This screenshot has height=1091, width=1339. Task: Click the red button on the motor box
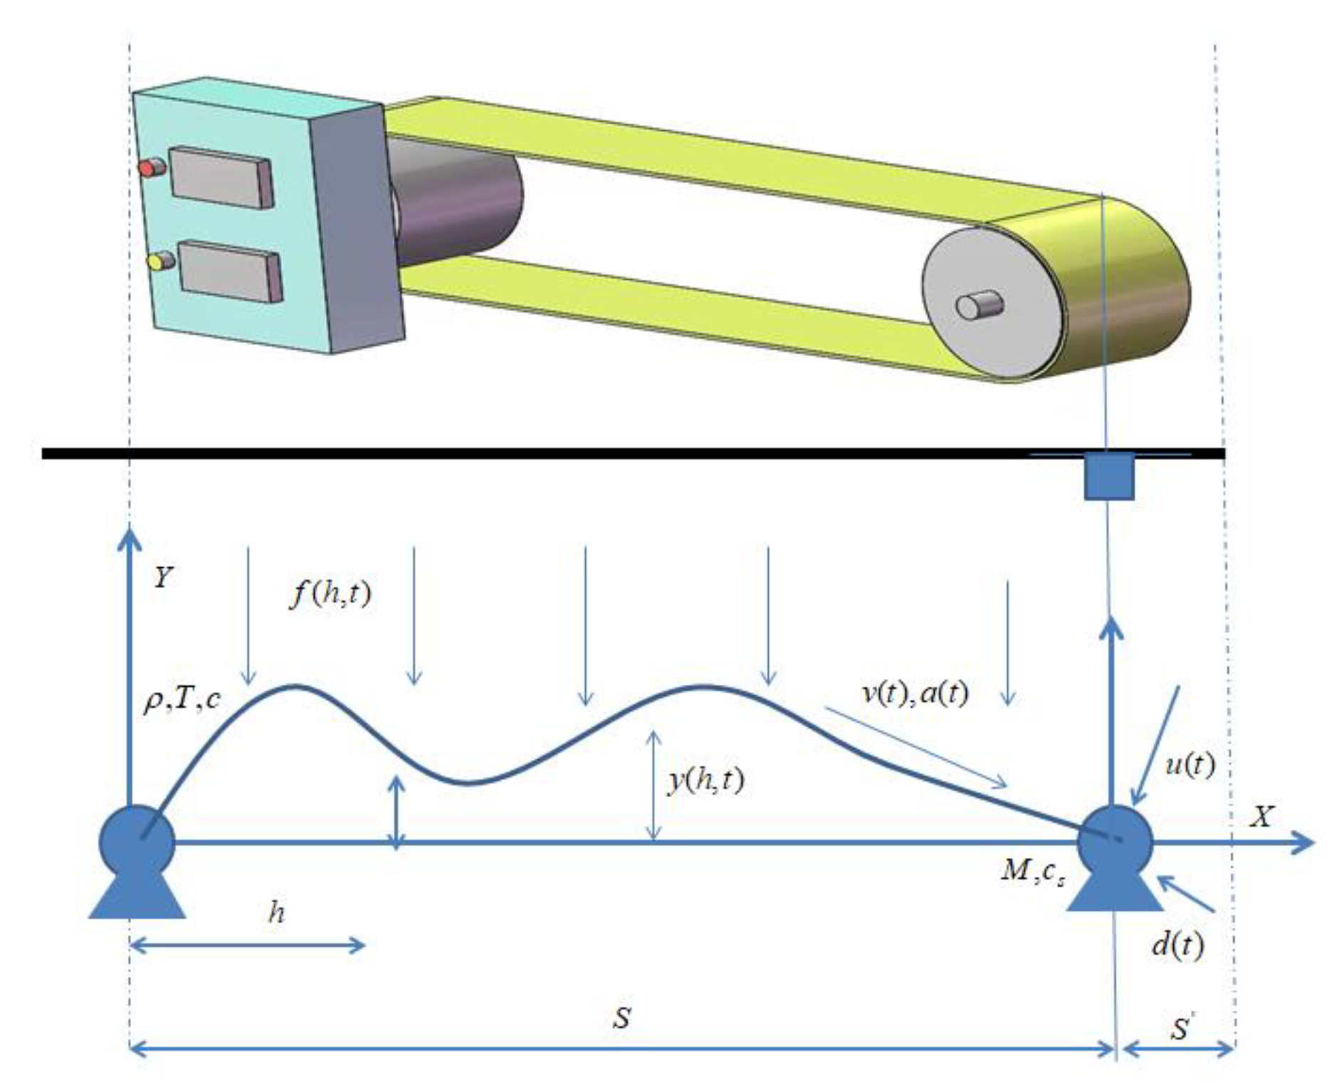point(147,169)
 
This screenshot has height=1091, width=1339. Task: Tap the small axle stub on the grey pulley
point(978,306)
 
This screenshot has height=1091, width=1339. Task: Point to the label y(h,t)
point(706,781)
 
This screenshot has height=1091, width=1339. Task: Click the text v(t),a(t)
point(915,692)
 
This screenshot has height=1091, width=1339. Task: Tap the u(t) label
point(1190,764)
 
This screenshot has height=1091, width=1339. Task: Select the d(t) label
point(1177,945)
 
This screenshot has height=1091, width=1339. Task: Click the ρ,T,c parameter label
point(182,700)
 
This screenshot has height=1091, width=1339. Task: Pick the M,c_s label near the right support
point(1033,871)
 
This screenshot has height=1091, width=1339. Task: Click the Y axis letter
point(163,576)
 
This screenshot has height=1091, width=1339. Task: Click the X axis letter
point(1261,816)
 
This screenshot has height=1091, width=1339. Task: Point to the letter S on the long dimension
point(621,1018)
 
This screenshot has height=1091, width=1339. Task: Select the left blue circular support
point(137,841)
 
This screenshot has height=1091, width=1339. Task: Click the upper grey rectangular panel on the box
point(221,178)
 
